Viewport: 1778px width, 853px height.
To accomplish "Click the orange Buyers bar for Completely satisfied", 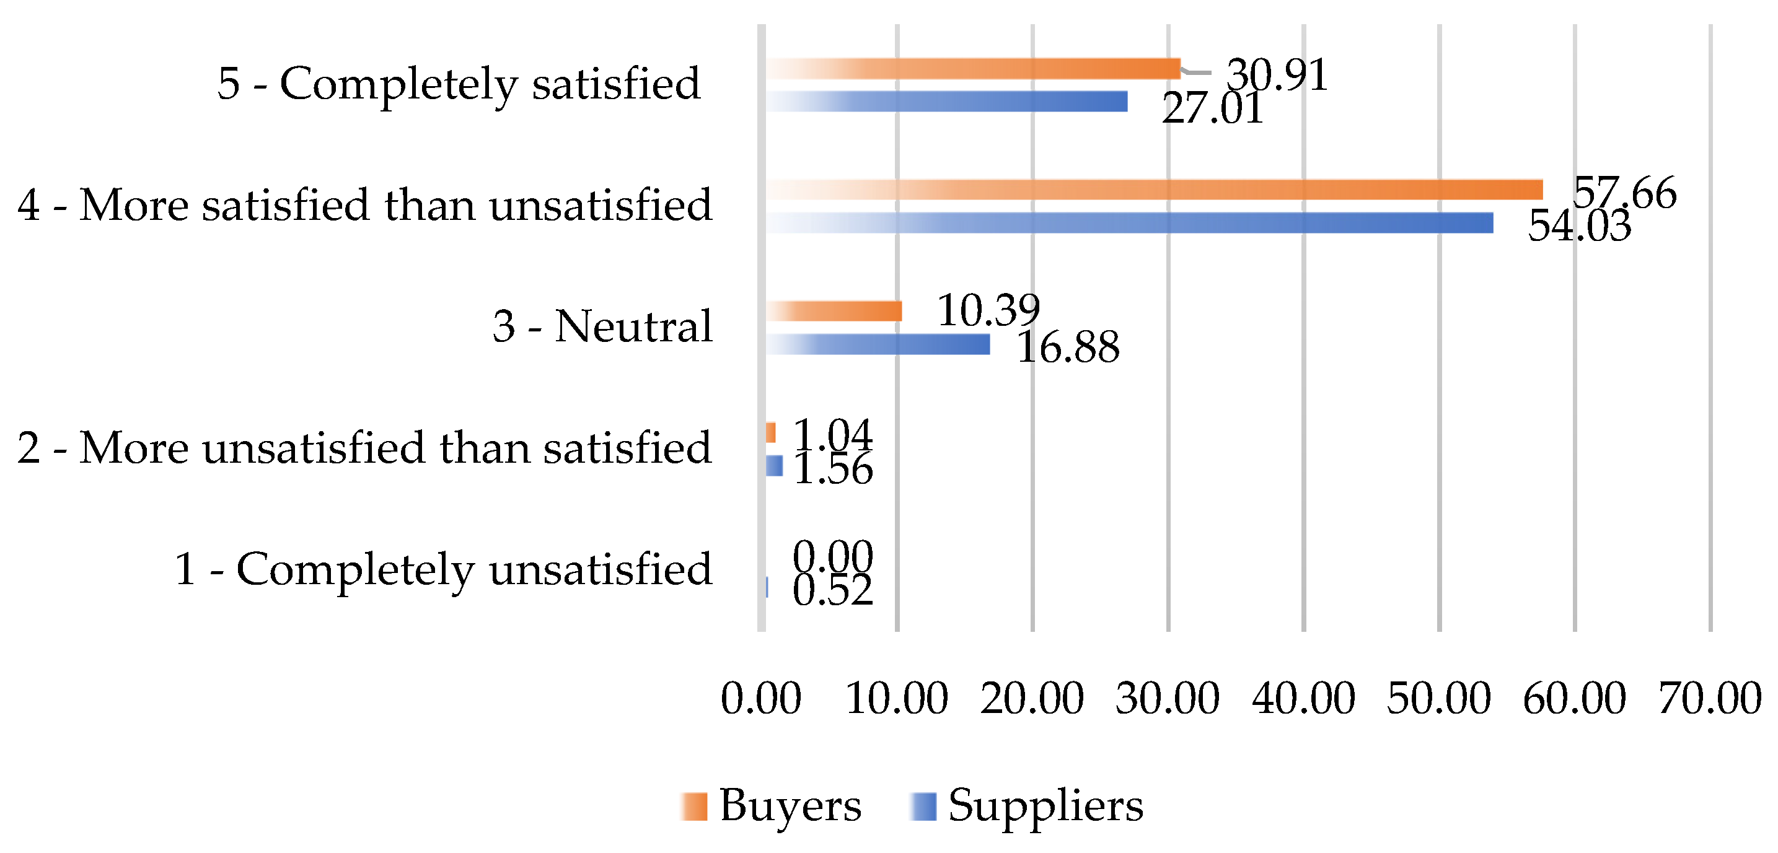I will click(x=972, y=69).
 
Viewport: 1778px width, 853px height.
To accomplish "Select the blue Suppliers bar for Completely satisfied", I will click(x=946, y=102).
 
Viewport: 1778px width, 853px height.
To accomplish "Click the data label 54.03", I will click(x=1579, y=225).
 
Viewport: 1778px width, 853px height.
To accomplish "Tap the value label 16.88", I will click(x=1068, y=346).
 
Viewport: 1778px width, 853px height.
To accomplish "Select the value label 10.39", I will click(x=988, y=310).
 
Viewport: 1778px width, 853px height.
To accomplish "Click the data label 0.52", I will click(x=832, y=591).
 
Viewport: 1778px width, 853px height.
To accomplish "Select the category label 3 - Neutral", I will click(x=602, y=326).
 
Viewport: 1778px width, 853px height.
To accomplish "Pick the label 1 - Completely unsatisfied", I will click(x=442, y=569).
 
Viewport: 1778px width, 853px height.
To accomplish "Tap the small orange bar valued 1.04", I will click(x=770, y=433).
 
